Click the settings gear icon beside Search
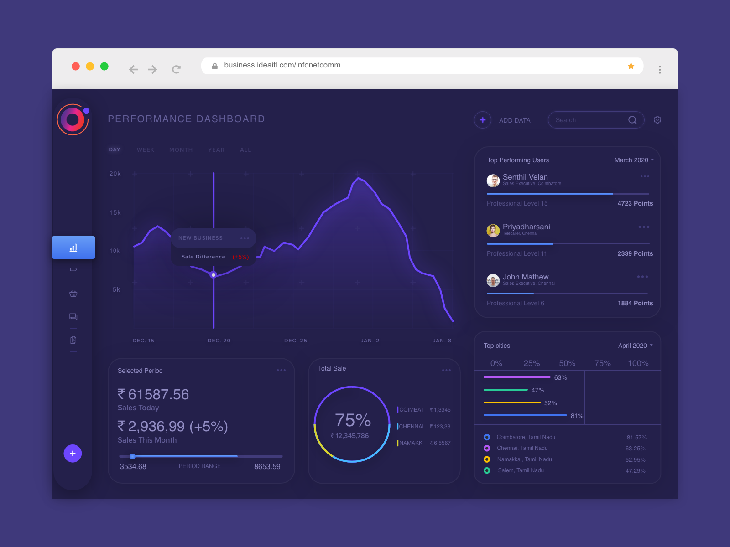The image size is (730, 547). [657, 120]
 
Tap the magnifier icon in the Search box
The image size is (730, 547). [632, 120]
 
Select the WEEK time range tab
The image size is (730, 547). [146, 150]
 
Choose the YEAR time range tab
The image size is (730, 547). [216, 150]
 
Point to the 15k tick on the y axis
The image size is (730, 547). [115, 213]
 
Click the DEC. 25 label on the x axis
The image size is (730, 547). [296, 341]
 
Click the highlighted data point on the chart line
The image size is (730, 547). [214, 275]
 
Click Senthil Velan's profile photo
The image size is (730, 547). [493, 181]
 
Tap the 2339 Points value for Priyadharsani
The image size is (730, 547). [635, 253]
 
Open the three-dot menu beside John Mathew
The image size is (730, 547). [642, 277]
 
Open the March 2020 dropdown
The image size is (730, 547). [634, 160]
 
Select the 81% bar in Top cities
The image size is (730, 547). [525, 415]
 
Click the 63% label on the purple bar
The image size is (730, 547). [560, 378]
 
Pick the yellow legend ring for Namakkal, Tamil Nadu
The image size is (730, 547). [487, 459]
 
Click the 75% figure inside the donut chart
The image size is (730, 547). [353, 420]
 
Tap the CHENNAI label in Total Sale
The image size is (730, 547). [411, 427]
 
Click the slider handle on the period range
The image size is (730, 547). [132, 456]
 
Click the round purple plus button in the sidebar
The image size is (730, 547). [73, 454]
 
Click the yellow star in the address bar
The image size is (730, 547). [631, 66]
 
